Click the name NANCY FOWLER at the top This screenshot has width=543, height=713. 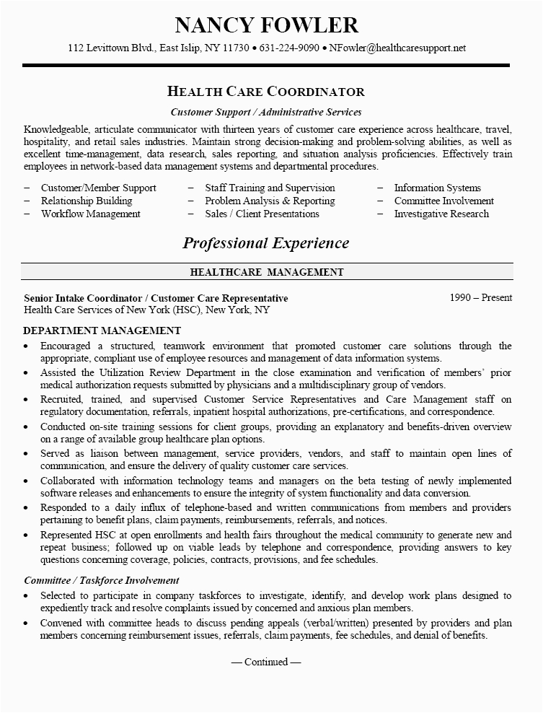266,25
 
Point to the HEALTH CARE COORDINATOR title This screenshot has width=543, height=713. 266,92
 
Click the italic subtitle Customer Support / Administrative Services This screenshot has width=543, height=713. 266,112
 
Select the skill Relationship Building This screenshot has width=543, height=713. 87,201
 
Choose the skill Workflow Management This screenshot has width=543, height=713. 91,214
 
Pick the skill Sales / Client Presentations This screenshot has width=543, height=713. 262,214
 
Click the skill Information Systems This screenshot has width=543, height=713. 437,188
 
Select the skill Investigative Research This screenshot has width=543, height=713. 441,214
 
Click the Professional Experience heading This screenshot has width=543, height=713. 266,243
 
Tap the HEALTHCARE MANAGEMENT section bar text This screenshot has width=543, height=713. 266,272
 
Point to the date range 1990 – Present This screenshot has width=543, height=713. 480,297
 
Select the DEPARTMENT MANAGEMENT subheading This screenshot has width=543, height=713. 102,331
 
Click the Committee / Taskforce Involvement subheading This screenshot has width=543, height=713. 102,580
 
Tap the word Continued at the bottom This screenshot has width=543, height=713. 266,661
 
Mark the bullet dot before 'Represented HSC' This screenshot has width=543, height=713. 27,535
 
